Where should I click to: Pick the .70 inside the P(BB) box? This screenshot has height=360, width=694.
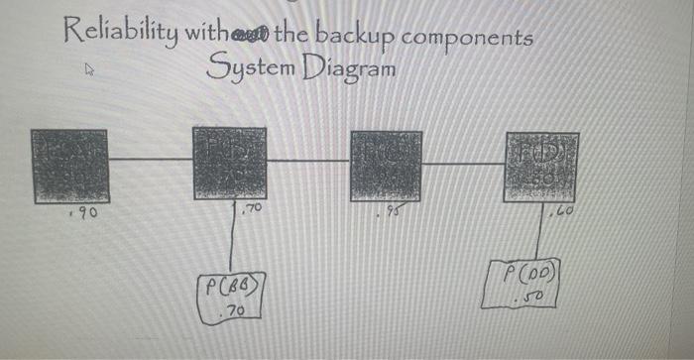click(x=235, y=310)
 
